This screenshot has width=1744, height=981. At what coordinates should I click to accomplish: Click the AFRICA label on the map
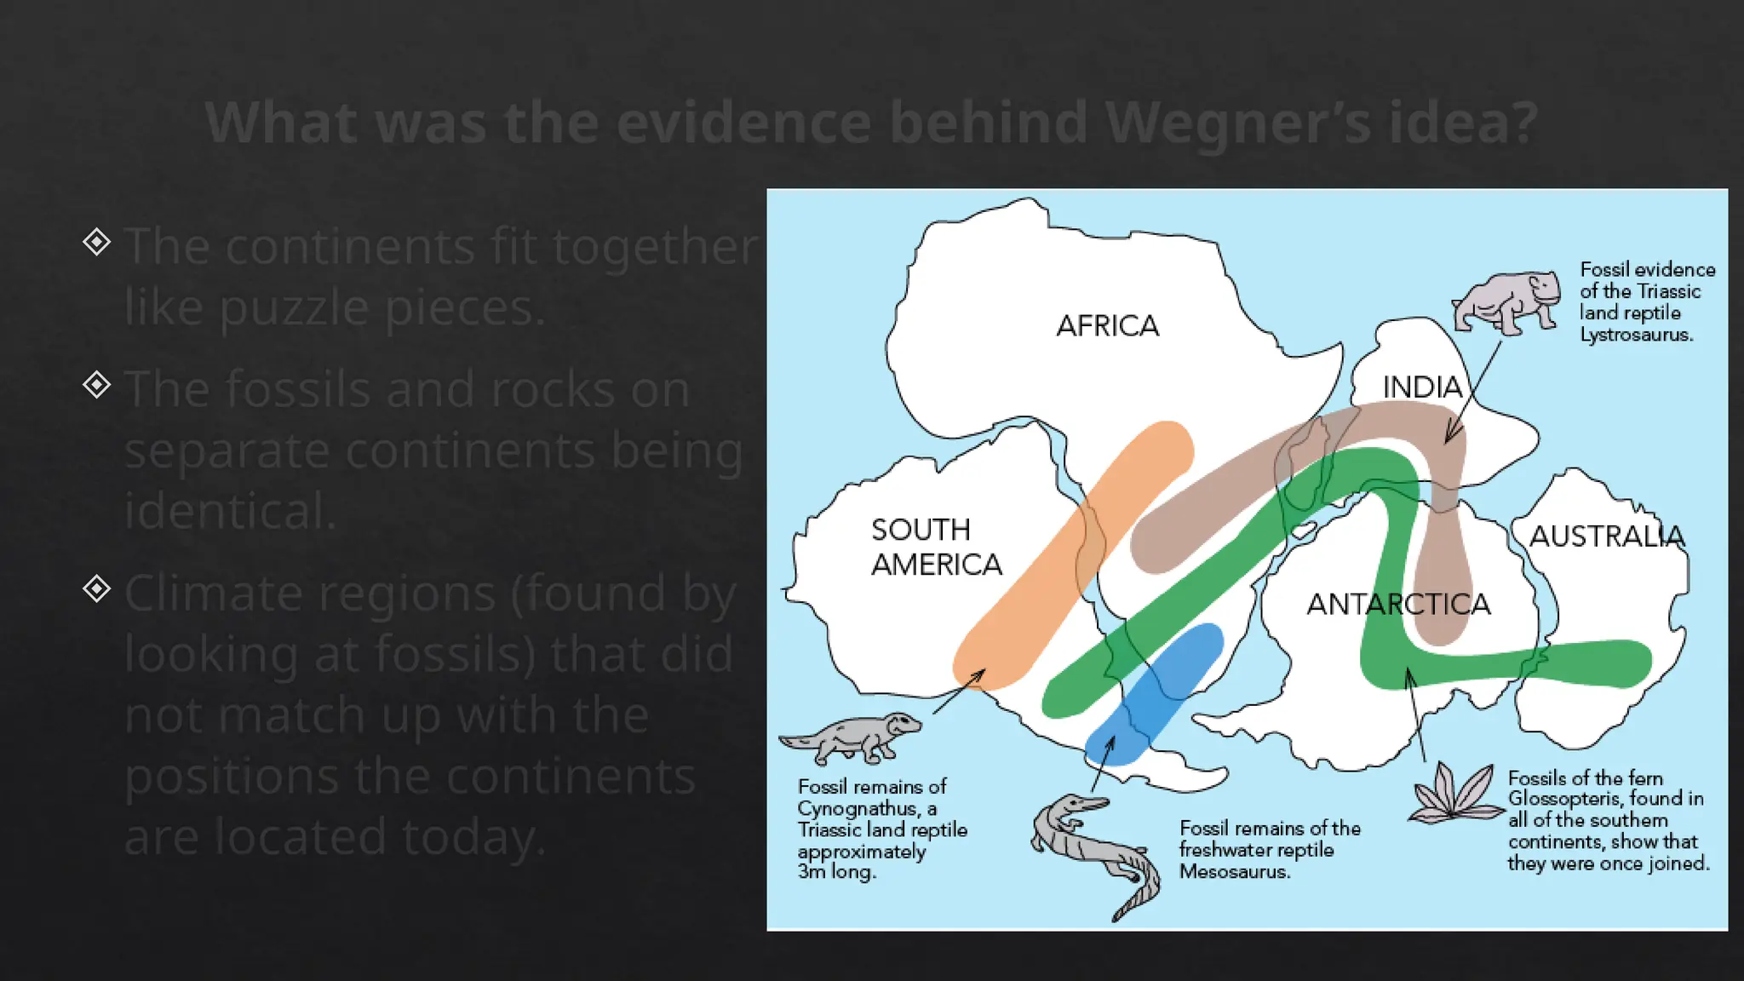point(1107,325)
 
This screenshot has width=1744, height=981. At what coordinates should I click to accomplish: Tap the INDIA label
point(1421,387)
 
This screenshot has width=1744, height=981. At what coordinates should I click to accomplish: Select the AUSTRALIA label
point(1607,536)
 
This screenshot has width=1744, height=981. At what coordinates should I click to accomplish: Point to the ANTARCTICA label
point(1398,604)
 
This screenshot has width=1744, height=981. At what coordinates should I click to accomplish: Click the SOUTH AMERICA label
point(935,547)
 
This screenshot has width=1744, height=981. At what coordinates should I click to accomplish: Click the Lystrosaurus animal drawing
point(1505,301)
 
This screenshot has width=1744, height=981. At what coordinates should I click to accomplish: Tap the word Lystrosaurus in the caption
point(1636,335)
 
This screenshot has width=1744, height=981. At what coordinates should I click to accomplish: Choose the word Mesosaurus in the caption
point(1234,871)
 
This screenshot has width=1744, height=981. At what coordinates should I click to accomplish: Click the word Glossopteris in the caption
point(1562,799)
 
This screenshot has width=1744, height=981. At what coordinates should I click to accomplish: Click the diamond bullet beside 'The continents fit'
point(97,242)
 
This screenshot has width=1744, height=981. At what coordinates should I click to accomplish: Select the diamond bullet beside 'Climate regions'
point(97,588)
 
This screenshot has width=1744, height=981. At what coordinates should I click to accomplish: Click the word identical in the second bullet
point(230,511)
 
